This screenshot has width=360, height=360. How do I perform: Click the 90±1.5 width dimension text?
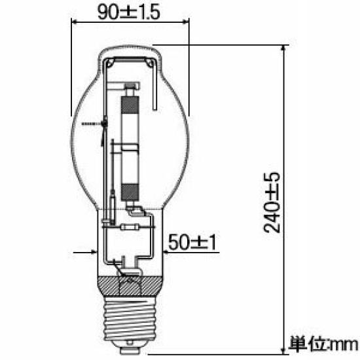coord(128,12)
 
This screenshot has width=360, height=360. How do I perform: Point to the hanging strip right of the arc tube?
coord(154,92)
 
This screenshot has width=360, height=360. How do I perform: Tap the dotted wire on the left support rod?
coord(92,123)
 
